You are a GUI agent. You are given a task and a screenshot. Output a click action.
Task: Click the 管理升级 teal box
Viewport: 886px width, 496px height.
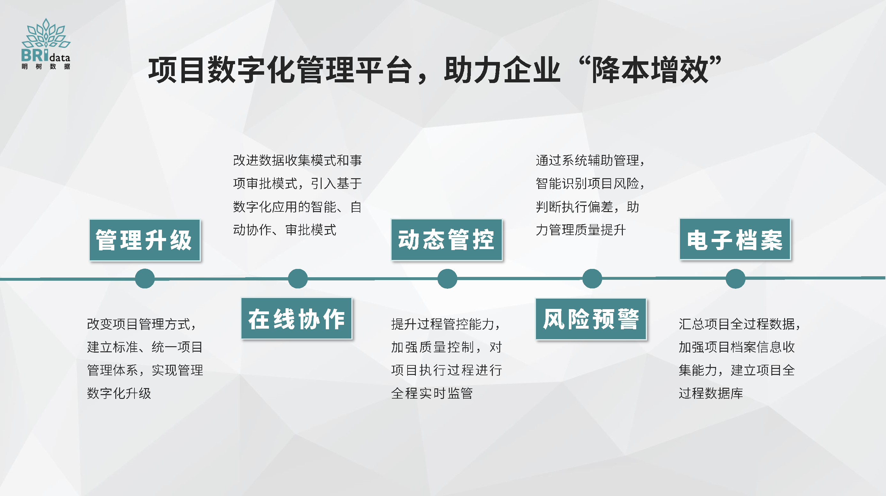click(145, 240)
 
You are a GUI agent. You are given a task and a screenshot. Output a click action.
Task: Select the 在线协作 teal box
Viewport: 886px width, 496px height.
click(296, 318)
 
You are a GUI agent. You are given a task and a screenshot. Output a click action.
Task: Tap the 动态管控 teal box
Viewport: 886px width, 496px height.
click(447, 240)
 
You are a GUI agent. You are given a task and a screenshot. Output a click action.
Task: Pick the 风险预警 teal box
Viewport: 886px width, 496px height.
click(591, 319)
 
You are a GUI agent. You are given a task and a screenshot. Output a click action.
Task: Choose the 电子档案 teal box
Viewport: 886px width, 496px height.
click(735, 239)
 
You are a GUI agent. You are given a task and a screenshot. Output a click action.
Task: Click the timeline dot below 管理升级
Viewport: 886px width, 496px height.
click(145, 278)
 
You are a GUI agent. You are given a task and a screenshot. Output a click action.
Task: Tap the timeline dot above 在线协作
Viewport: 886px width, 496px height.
click(297, 278)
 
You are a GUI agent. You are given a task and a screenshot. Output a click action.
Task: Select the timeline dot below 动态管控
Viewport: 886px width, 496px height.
click(447, 278)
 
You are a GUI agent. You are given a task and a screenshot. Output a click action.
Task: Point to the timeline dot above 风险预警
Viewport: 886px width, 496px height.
click(592, 278)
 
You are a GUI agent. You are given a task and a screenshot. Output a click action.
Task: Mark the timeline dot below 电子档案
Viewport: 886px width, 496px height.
click(735, 278)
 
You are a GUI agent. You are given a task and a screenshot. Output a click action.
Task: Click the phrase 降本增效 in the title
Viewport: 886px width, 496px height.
click(650, 70)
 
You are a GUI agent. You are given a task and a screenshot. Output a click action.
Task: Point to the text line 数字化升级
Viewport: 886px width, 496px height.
click(119, 393)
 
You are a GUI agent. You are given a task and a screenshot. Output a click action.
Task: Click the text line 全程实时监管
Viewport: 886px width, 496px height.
click(432, 393)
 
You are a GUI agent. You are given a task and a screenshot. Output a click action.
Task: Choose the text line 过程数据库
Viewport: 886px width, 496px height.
click(711, 393)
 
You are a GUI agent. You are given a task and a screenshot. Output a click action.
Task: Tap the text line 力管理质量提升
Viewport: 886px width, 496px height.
click(581, 230)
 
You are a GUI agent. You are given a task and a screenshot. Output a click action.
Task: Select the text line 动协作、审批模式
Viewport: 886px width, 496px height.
click(285, 230)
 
